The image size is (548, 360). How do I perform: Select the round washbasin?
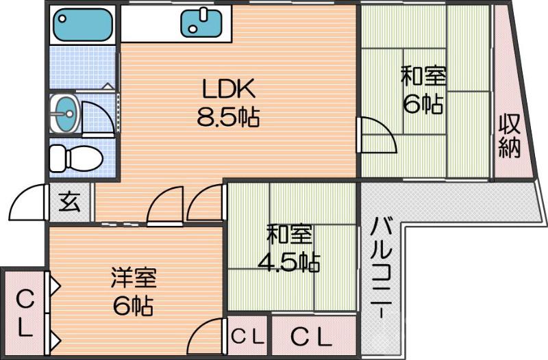click(64, 112)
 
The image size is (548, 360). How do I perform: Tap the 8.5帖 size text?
click(227, 117)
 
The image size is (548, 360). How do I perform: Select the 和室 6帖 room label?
click(423, 89)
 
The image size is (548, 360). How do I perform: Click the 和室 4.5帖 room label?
click(288, 248)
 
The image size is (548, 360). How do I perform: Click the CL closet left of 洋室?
click(24, 313)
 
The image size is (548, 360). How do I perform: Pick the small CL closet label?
click(247, 336)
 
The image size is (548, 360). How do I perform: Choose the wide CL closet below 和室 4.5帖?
click(312, 336)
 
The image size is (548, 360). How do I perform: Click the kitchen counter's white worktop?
click(151, 25)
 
